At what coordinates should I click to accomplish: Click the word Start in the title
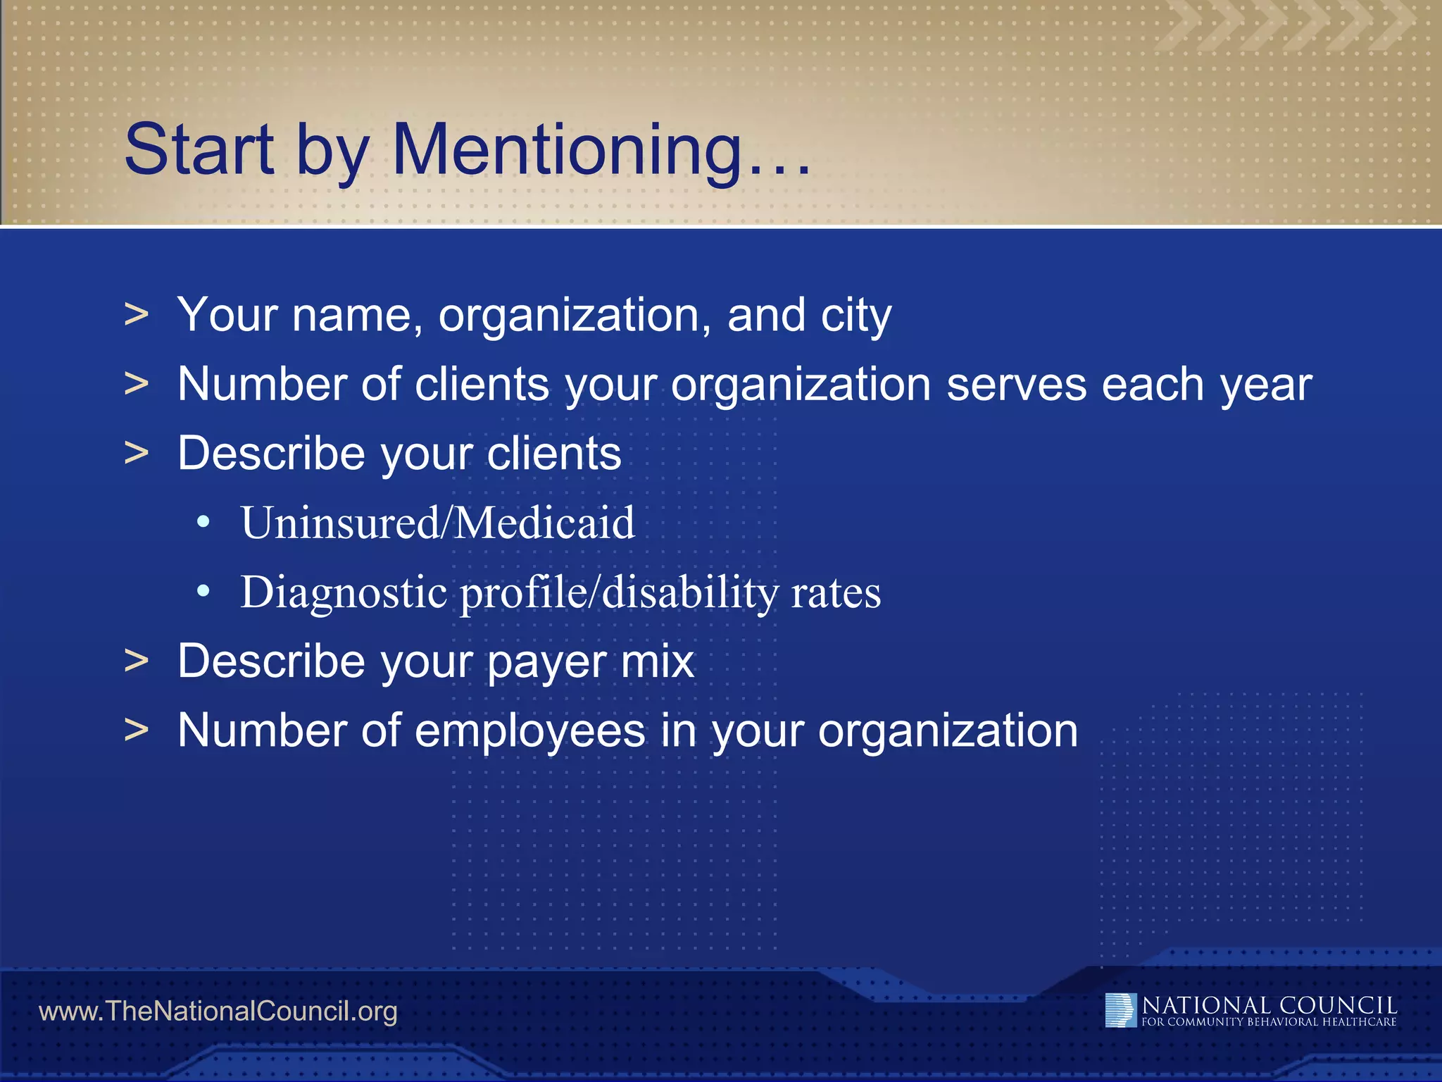tap(199, 149)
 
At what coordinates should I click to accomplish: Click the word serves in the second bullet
tap(1016, 385)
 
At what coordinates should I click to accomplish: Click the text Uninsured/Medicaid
tap(437, 523)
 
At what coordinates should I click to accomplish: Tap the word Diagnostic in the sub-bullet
tap(344, 592)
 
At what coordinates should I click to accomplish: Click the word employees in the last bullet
tap(529, 731)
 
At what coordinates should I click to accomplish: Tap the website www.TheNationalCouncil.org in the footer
tap(218, 1012)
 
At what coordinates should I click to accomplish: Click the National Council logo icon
tap(1120, 1010)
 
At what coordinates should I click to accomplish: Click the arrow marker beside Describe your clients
tap(137, 453)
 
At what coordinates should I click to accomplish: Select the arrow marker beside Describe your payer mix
tap(137, 661)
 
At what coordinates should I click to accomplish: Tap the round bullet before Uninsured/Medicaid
tap(203, 523)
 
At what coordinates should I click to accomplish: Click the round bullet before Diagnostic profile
tap(203, 592)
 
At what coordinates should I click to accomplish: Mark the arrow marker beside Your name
tap(137, 314)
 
